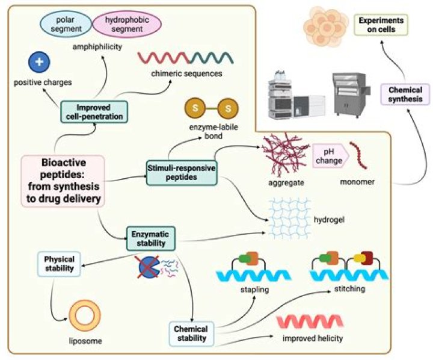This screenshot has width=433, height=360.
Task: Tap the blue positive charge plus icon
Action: (x=39, y=62)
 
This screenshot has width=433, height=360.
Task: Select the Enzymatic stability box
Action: (x=150, y=237)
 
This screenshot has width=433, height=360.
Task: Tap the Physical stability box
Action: (x=58, y=263)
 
